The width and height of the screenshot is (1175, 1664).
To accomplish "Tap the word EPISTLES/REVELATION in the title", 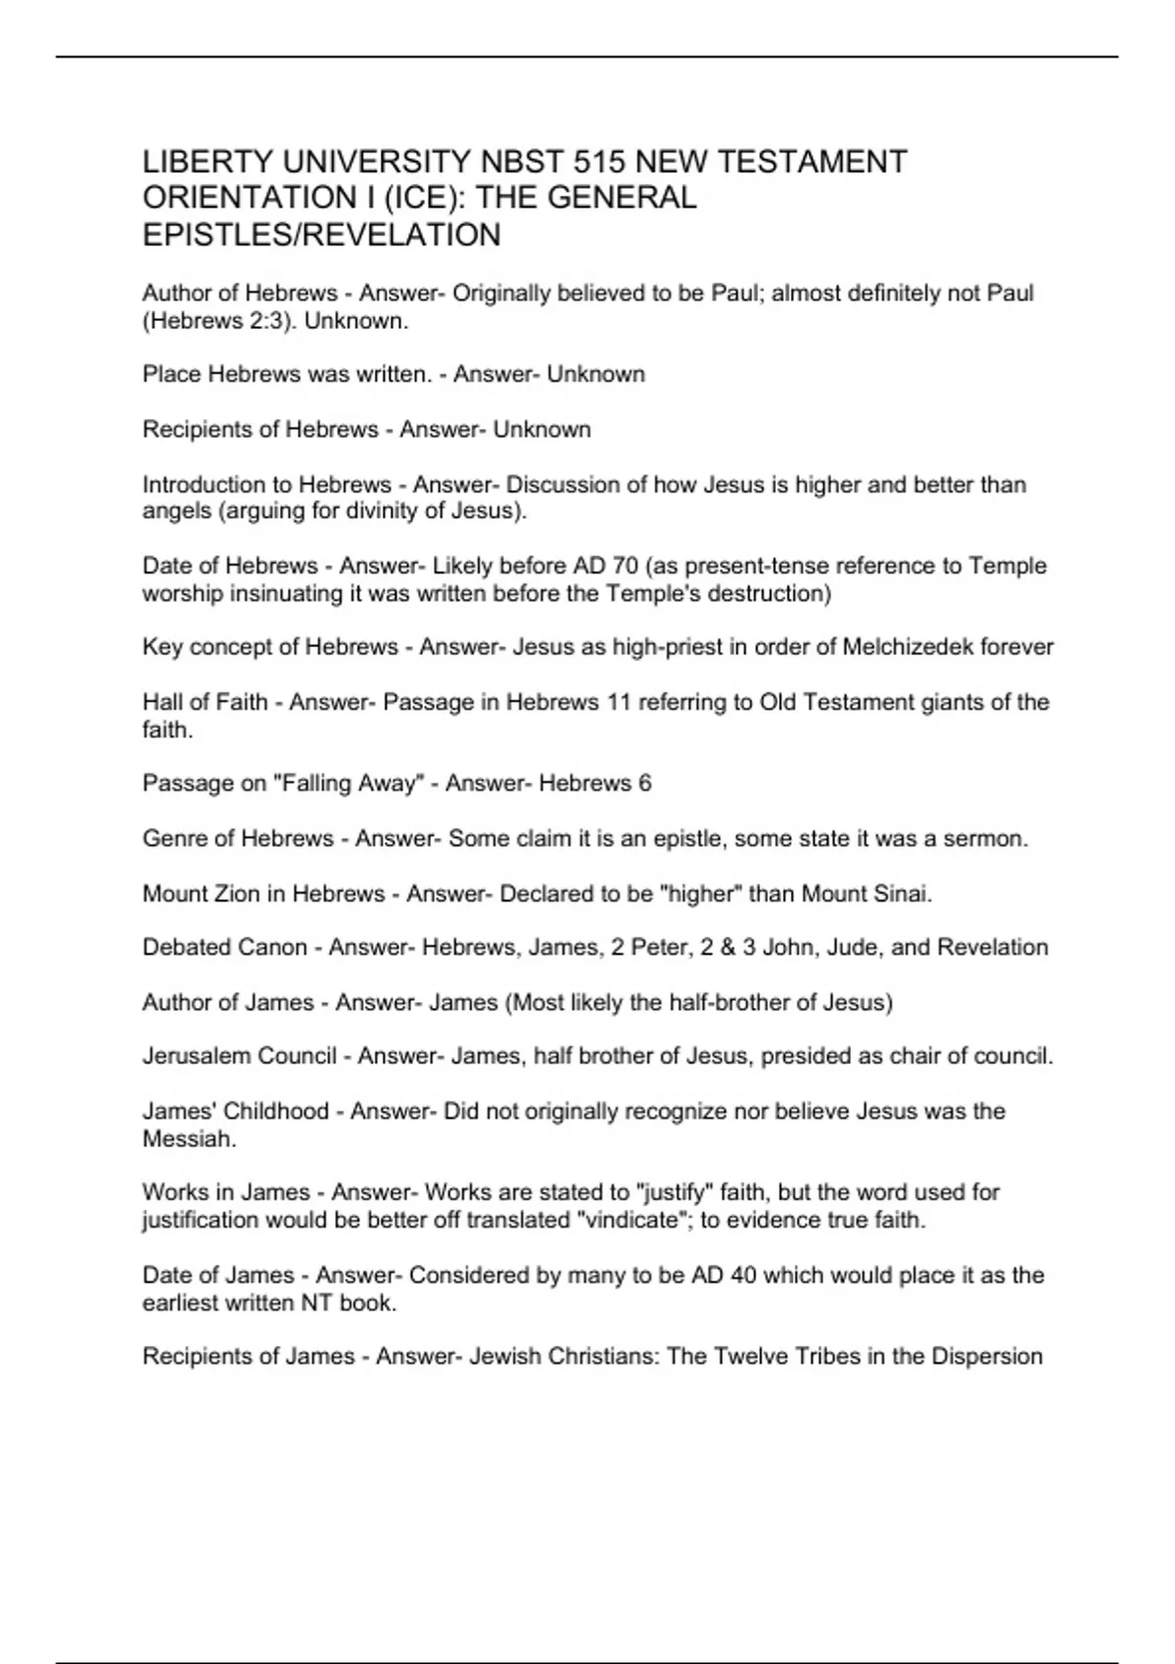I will (321, 235).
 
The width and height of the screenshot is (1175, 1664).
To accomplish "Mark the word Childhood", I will (276, 1111).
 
